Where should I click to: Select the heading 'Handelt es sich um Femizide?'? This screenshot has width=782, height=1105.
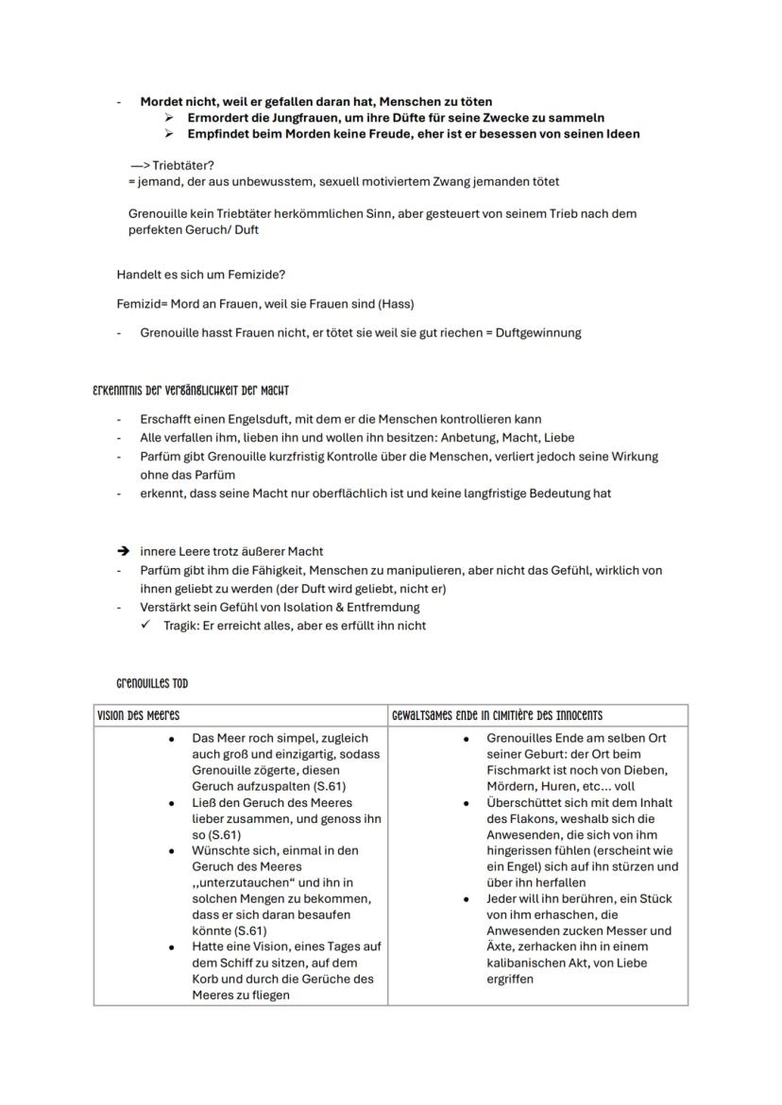pos(200,275)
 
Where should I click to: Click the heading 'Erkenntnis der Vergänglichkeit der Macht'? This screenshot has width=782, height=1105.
pos(190,390)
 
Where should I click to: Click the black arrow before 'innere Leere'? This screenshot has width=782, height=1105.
pos(123,551)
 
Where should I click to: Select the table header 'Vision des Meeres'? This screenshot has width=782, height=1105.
pos(139,715)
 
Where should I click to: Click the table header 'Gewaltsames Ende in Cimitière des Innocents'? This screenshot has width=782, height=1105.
pos(498,715)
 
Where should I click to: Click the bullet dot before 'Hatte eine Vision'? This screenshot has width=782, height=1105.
pos(171,946)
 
